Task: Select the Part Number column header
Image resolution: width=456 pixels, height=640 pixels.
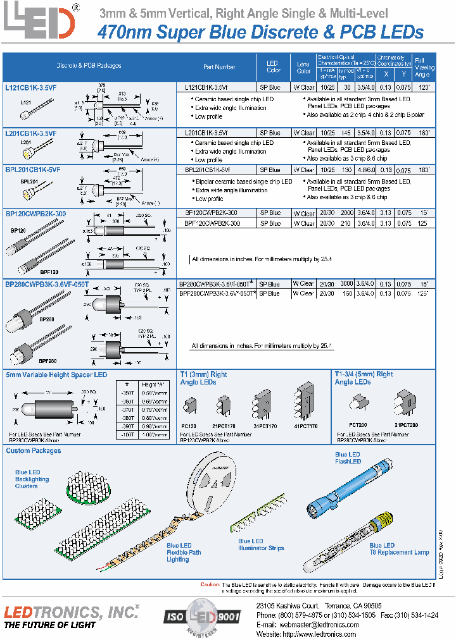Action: pos(219,66)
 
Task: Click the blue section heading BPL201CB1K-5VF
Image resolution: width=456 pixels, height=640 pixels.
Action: pos(33,170)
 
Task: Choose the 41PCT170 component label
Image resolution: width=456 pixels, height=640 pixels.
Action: pos(305,427)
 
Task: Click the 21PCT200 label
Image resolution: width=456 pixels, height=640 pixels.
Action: pos(405,427)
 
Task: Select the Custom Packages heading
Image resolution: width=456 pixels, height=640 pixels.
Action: pos(34,451)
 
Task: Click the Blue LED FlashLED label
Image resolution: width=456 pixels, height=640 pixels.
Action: pos(348,458)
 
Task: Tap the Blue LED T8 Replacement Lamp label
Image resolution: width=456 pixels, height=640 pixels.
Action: pos(399,548)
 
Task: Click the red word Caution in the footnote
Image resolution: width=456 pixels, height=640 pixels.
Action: pos(210,584)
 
